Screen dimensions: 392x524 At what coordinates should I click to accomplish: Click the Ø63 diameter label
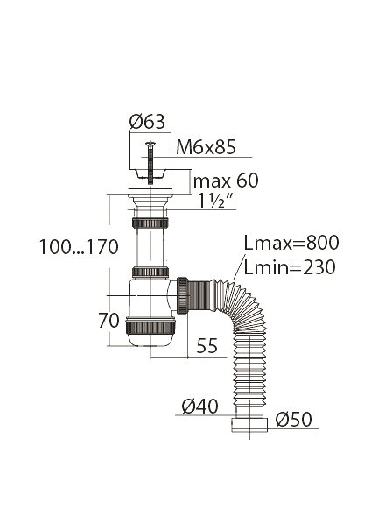147,122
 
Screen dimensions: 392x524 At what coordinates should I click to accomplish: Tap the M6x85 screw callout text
206,146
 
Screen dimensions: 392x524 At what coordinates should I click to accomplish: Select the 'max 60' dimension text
226,181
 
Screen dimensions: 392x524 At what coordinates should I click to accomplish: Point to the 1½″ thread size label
215,201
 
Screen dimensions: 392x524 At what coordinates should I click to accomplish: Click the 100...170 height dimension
79,247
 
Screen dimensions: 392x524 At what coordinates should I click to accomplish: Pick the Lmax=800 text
291,243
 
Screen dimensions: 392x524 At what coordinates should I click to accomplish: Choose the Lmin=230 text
290,267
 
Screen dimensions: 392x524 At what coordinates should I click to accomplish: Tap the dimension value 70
108,321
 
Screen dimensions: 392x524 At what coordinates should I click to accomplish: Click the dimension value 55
206,345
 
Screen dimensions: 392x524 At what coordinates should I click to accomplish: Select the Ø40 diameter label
199,406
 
